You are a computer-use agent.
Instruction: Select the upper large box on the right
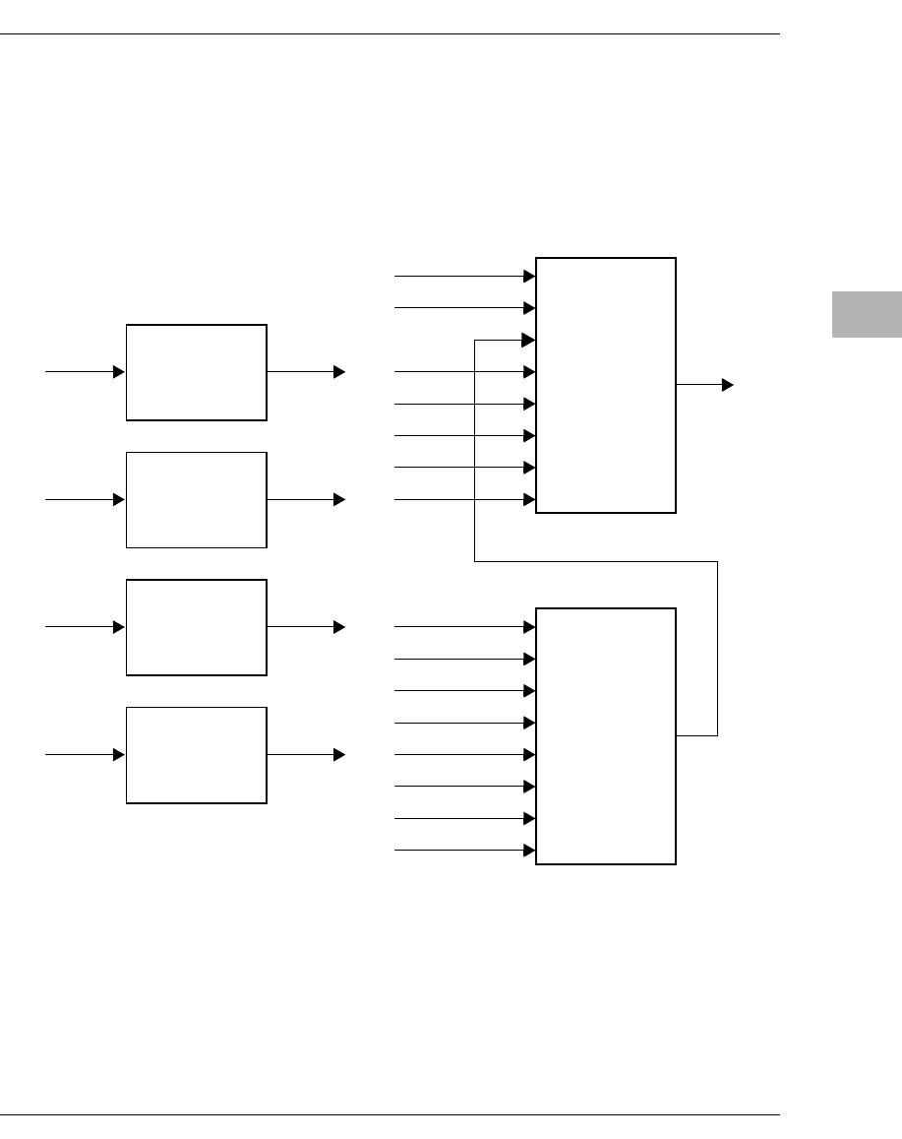pyautogui.click(x=606, y=385)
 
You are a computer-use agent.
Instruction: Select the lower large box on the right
pyautogui.click(x=606, y=736)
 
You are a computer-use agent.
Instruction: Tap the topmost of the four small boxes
pyautogui.click(x=197, y=372)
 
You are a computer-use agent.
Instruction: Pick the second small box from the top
pyautogui.click(x=197, y=499)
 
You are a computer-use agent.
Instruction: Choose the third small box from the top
pyautogui.click(x=197, y=627)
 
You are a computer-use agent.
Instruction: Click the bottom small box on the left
pyautogui.click(x=197, y=755)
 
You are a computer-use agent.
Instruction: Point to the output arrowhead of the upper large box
pyautogui.click(x=728, y=385)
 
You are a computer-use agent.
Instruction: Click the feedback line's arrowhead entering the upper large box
pyautogui.click(x=529, y=341)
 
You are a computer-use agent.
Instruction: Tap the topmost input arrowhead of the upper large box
pyautogui.click(x=529, y=277)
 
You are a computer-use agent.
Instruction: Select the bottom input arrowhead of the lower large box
pyautogui.click(x=529, y=850)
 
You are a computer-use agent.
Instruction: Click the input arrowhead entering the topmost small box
pyautogui.click(x=119, y=372)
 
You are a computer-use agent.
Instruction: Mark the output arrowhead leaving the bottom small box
pyautogui.click(x=339, y=755)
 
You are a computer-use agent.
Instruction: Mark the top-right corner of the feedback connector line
pyautogui.click(x=717, y=561)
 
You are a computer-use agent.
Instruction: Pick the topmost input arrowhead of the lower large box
pyautogui.click(x=529, y=626)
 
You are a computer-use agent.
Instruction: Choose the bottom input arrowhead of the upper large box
pyautogui.click(x=529, y=500)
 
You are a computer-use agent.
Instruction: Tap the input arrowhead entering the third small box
pyautogui.click(x=119, y=626)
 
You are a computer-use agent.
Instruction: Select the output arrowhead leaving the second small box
pyautogui.click(x=339, y=500)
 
